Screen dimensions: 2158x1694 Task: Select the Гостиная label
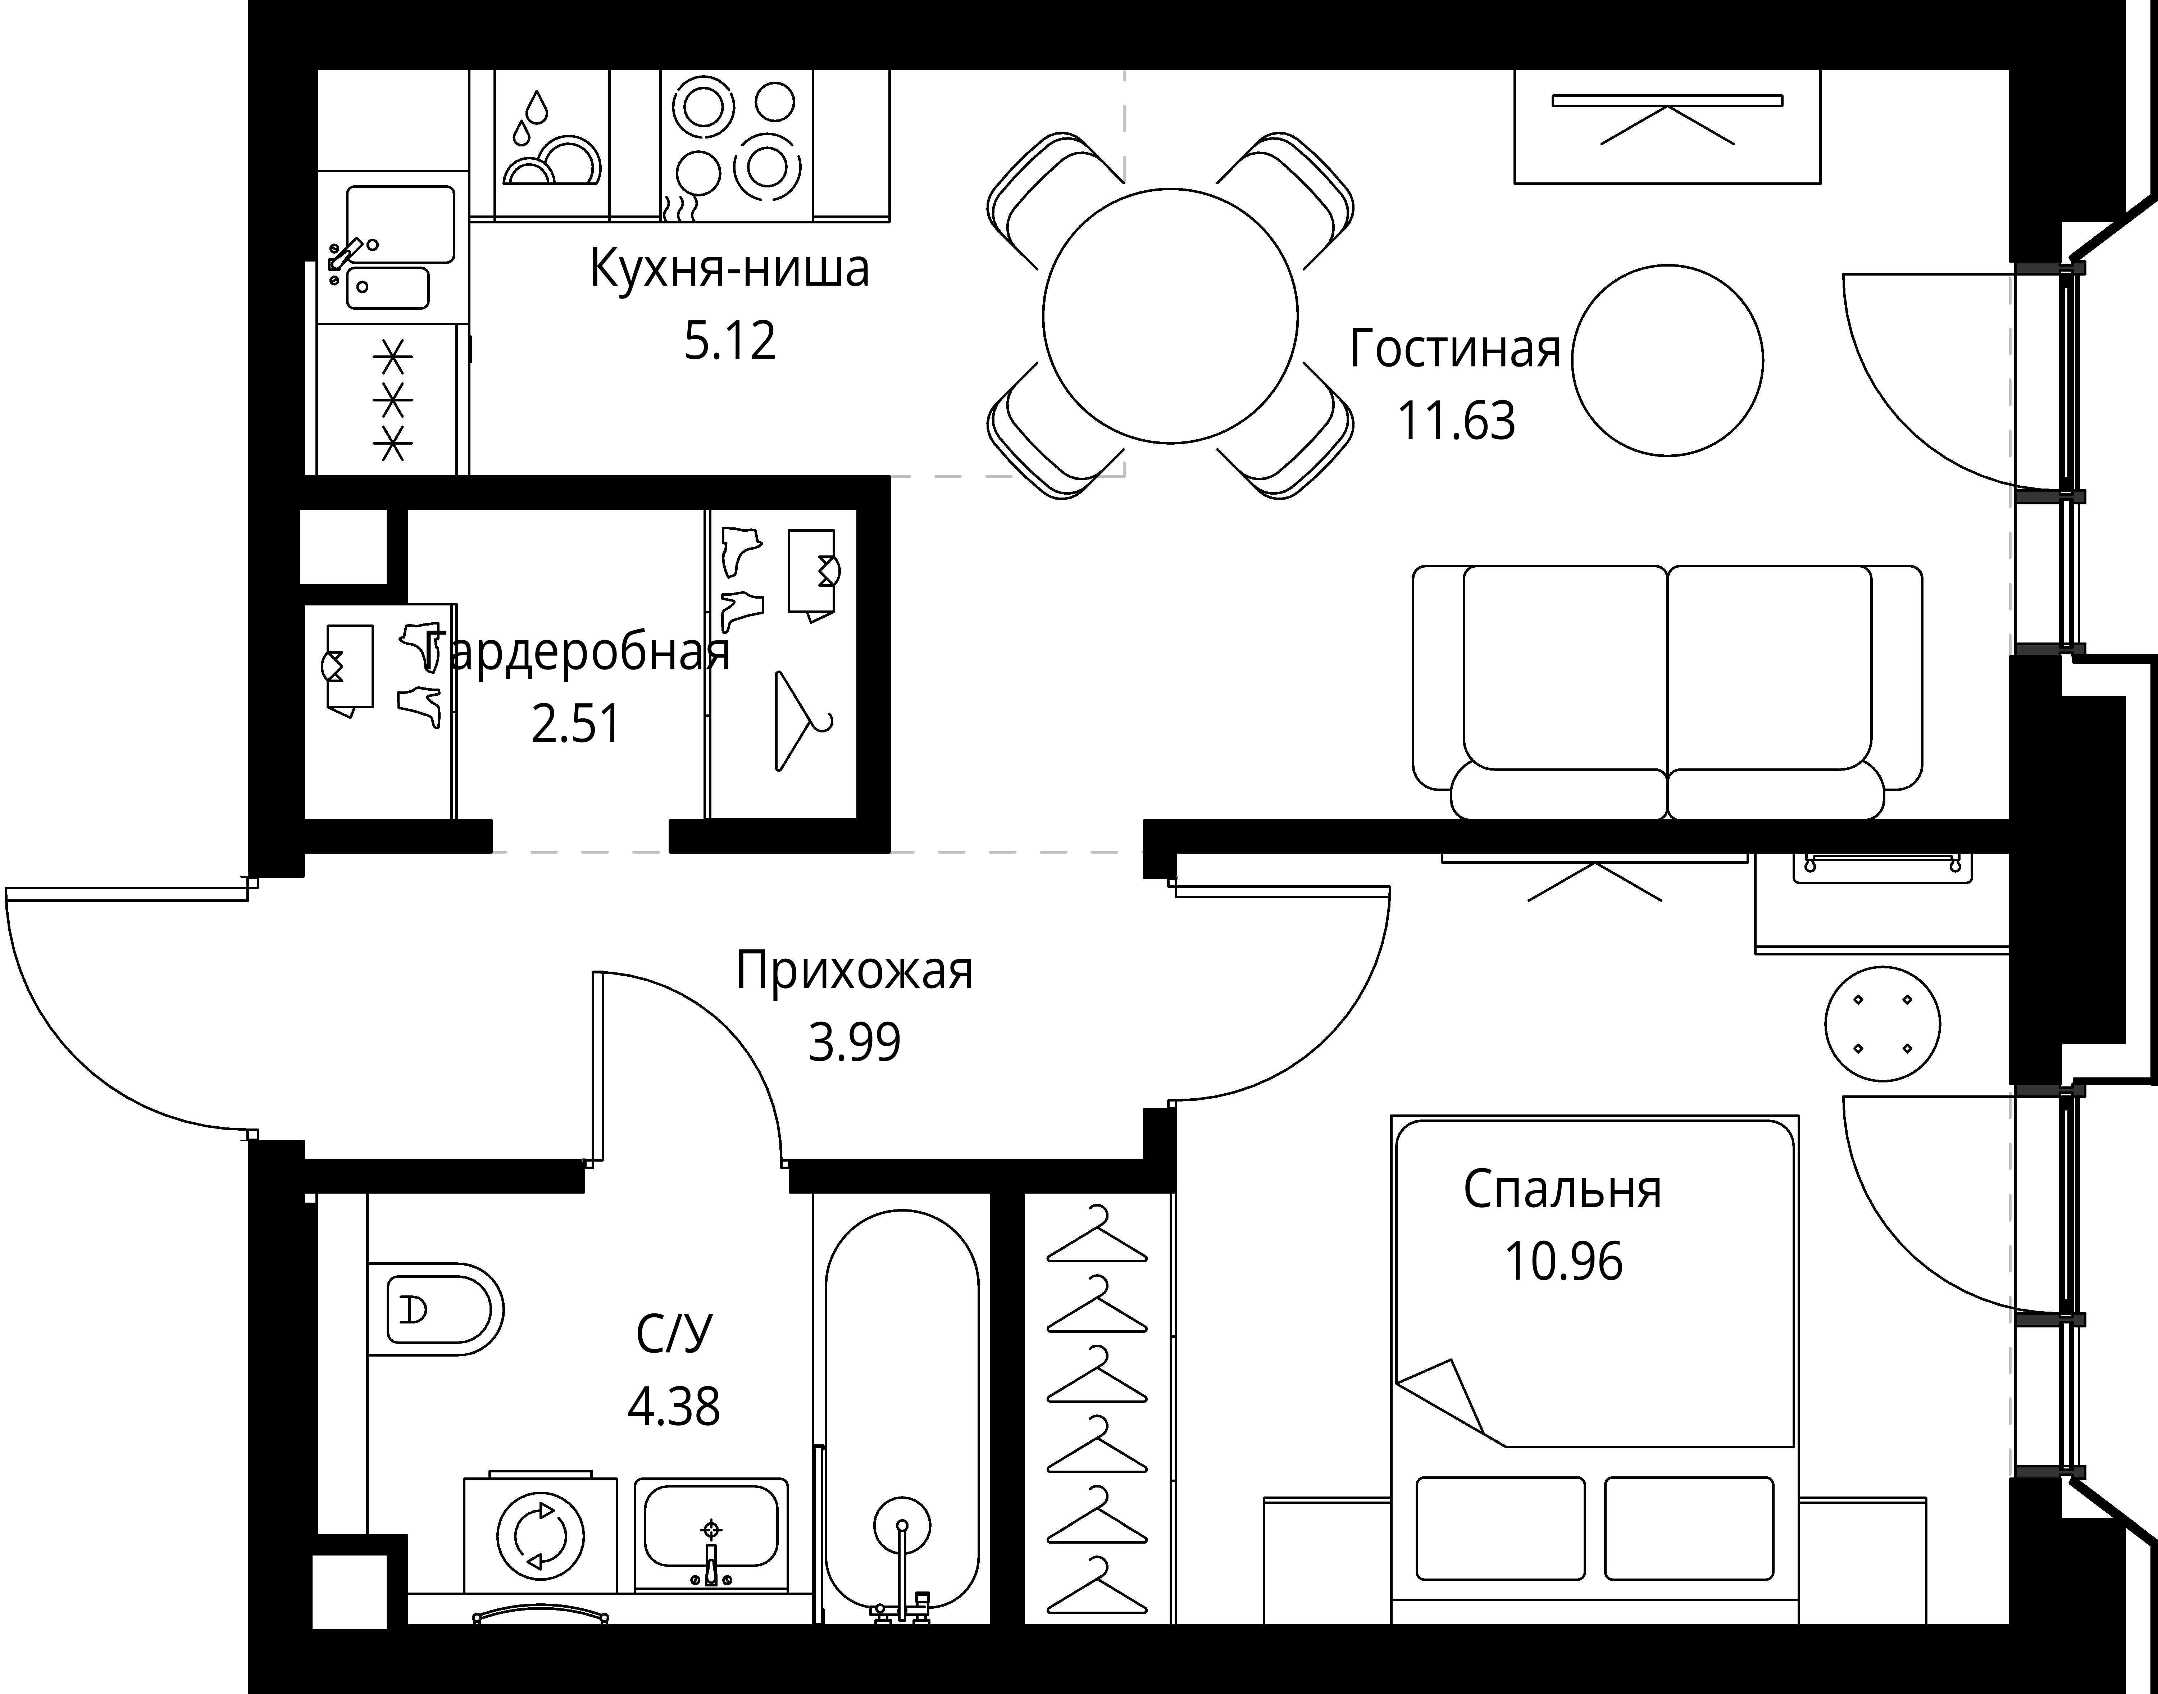1455,349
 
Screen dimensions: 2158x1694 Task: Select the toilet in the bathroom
434,1309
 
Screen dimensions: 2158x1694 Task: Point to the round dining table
1170,315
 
